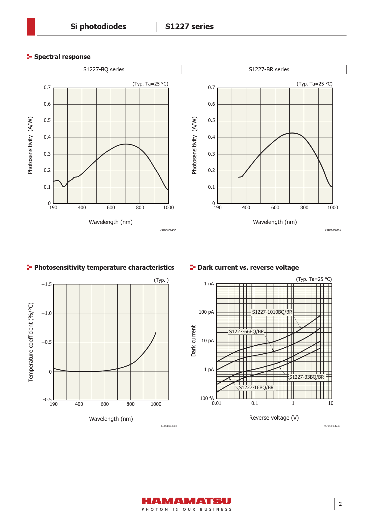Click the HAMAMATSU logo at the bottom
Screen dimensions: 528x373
click(x=186, y=501)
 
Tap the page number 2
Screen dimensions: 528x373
click(x=340, y=504)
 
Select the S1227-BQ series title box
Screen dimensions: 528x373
click(x=104, y=69)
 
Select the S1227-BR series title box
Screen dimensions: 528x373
click(x=269, y=69)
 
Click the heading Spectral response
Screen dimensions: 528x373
click(x=62, y=57)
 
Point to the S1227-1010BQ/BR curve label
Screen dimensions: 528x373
click(x=272, y=312)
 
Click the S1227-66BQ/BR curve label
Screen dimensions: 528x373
click(x=246, y=331)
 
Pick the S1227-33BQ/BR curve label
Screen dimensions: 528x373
click(x=307, y=377)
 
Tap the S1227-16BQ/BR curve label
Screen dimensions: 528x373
click(x=256, y=387)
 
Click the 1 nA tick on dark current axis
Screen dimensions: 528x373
click(x=209, y=284)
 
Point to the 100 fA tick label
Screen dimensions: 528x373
click(x=207, y=398)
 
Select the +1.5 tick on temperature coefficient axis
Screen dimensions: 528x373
click(x=47, y=284)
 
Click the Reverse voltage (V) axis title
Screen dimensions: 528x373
click(x=274, y=418)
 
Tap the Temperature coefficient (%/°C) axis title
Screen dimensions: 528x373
click(x=31, y=342)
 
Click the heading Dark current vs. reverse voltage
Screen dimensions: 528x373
click(x=248, y=267)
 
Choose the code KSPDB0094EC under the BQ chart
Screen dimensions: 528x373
click(x=168, y=230)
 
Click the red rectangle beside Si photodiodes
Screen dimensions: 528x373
click(x=31, y=27)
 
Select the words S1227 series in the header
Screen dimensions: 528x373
click(x=190, y=26)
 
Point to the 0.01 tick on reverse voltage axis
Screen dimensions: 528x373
click(x=217, y=403)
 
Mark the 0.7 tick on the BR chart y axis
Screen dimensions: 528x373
click(x=211, y=88)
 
